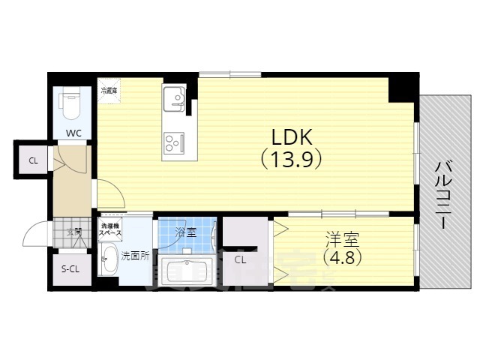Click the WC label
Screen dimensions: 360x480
pos(73,133)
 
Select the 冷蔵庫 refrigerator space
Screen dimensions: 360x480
pos(109,91)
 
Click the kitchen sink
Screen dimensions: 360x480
pos(175,98)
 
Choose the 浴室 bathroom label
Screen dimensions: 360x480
pos(185,232)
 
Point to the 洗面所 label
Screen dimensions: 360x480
pos(135,256)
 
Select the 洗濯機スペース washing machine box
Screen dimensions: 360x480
pos(111,229)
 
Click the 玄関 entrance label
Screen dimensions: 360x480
pos(73,231)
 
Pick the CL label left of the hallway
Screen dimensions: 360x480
pos(33,160)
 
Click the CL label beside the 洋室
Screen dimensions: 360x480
pos(240,260)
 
